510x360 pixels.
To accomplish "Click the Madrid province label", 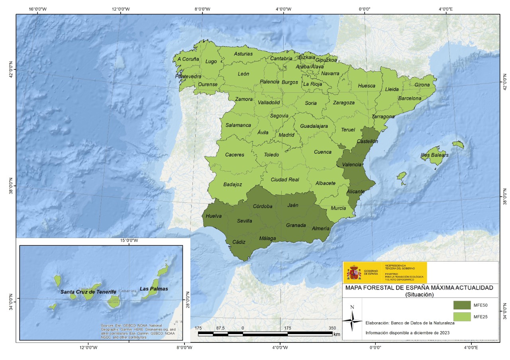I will (x=286, y=135).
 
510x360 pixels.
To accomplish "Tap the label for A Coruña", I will (x=188, y=59).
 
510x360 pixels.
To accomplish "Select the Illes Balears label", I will (x=435, y=155).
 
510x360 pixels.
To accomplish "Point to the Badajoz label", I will (x=233, y=184).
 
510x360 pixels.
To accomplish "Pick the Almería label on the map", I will (x=321, y=229).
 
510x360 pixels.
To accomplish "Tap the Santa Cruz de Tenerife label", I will (x=88, y=292).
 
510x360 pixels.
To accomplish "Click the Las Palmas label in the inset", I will (x=154, y=289).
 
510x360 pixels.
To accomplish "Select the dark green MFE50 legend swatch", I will (x=461, y=305).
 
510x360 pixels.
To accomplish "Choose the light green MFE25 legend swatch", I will (x=461, y=317).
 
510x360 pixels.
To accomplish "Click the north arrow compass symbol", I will (x=352, y=319).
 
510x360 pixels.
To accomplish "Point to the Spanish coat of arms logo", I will (x=353, y=273).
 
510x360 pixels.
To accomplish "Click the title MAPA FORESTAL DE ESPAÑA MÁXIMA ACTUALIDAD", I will (x=419, y=288).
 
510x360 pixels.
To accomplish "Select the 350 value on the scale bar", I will (x=331, y=328).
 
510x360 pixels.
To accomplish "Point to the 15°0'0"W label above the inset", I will (x=129, y=241).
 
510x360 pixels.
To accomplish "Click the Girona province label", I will (x=422, y=85).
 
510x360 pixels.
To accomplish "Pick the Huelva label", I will (x=214, y=216).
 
